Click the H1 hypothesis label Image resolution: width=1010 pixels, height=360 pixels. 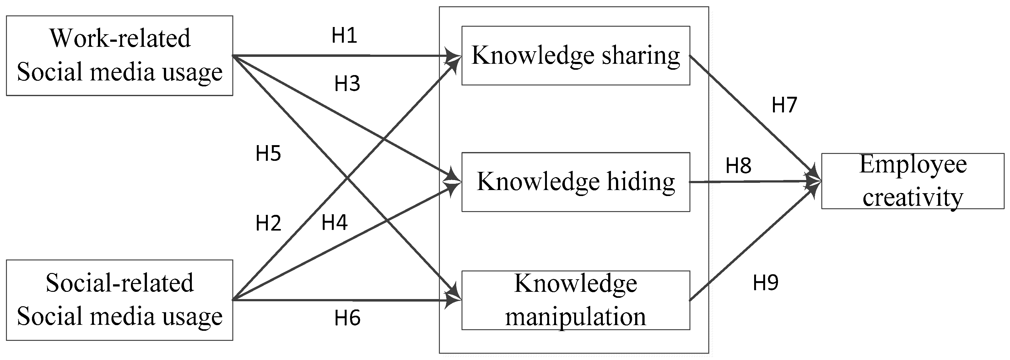pyautogui.click(x=344, y=36)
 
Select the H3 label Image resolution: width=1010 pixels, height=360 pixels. pyautogui.click(x=347, y=84)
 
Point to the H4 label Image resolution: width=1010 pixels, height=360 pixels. pyautogui.click(x=334, y=223)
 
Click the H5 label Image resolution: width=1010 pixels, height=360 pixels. pyautogui.click(x=268, y=153)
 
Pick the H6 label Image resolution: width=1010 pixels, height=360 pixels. pyautogui.click(x=347, y=318)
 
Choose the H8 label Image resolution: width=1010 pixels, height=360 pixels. pyautogui.click(x=738, y=166)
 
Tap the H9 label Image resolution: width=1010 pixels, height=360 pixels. pyautogui.click(x=765, y=282)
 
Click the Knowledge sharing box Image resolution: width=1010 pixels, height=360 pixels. pyautogui.click(x=575, y=55)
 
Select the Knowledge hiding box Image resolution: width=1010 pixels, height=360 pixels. pyautogui.click(x=575, y=182)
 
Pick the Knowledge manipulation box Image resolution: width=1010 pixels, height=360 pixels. pyautogui.click(x=575, y=300)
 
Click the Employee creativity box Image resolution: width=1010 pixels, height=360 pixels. pyautogui.click(x=913, y=181)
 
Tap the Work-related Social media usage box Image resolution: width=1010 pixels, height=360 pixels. pyautogui.click(x=120, y=55)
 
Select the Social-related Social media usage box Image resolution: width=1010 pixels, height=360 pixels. pyautogui.click(x=120, y=300)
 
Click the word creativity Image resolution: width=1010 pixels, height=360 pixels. pyautogui.click(x=913, y=197)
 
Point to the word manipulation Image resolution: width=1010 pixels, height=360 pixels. pyautogui.click(x=575, y=316)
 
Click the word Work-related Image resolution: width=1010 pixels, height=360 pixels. pyautogui.click(x=120, y=38)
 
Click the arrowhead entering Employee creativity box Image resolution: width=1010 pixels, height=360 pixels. pyautogui.click(x=816, y=182)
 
